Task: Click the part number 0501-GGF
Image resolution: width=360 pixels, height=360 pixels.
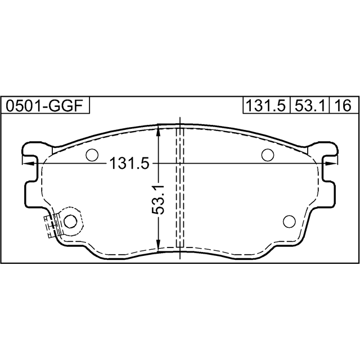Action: (x=44, y=106)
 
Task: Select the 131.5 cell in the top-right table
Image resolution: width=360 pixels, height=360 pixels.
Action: (x=267, y=106)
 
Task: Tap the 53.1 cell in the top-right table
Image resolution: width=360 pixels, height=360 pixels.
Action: (x=310, y=106)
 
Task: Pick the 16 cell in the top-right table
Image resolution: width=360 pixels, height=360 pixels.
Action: (x=344, y=106)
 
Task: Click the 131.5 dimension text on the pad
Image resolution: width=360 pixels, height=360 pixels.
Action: (x=130, y=163)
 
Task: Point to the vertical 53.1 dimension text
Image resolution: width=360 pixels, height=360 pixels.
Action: (x=158, y=199)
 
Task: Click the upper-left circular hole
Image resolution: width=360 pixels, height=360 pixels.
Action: (x=92, y=155)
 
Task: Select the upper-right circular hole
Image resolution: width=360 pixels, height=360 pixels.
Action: (x=268, y=155)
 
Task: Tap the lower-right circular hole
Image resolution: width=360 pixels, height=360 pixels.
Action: (x=289, y=221)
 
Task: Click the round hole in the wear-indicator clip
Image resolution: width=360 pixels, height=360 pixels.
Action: (x=70, y=221)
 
